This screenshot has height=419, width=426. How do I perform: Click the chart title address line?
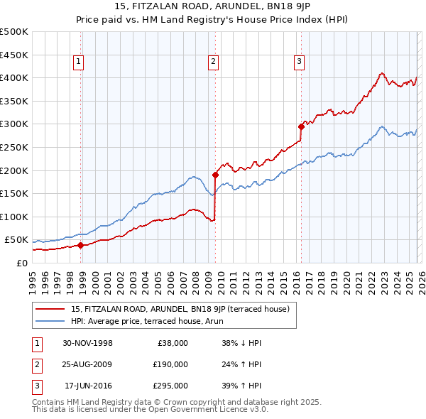(x=212, y=8)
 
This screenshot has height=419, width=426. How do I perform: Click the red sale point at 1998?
(x=81, y=246)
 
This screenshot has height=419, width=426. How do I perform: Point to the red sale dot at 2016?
(x=301, y=126)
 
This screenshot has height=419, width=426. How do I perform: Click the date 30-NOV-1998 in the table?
(x=88, y=343)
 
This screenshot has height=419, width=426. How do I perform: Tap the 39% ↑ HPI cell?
(x=241, y=386)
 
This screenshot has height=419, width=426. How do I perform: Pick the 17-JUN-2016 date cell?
(x=88, y=386)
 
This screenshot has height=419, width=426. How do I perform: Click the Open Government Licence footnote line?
(x=150, y=409)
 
